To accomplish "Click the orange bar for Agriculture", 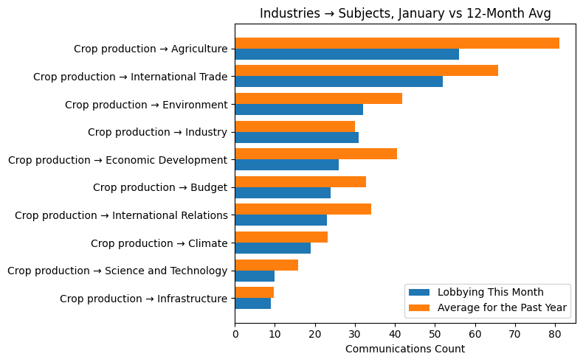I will coord(397,43).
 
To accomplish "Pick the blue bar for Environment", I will coord(299,109).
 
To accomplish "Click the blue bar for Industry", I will coord(297,137).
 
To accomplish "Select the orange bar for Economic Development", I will coord(316,154).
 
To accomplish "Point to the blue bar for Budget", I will coord(283,192).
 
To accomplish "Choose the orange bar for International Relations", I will coord(303,209).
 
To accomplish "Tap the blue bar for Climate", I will coord(272,248).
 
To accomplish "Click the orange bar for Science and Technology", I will coord(266,265).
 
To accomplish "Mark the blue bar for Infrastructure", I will coord(252,304).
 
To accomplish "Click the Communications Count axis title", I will coord(404,349).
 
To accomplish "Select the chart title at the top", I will coord(404,13).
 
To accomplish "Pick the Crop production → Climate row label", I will coord(159,243).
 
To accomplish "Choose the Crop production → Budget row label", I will coord(160,187).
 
